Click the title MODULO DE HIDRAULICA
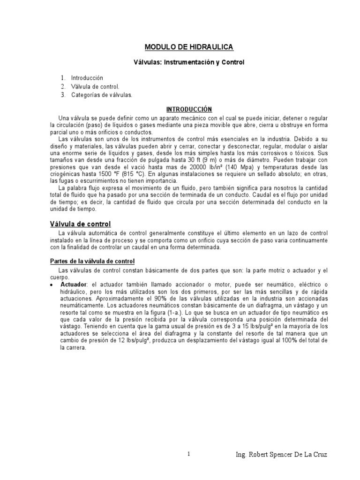[181, 47]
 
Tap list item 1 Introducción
[87, 78]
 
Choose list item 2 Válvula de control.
[95, 86]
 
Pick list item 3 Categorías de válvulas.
[102, 95]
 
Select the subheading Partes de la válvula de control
[92, 261]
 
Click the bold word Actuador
[74, 285]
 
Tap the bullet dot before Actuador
[51, 285]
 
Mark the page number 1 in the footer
[188, 454]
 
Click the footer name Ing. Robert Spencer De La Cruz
[288, 455]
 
